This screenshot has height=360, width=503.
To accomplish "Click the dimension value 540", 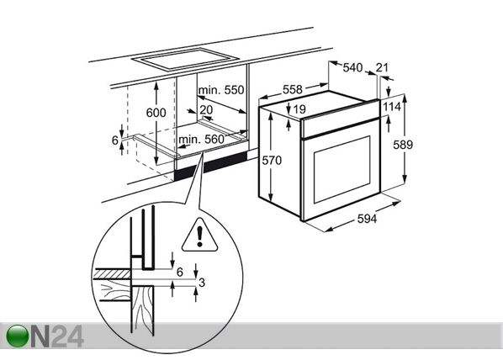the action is click(x=352, y=67).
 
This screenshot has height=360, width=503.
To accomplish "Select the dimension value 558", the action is click(x=292, y=89).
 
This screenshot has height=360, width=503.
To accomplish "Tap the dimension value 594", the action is click(x=367, y=219).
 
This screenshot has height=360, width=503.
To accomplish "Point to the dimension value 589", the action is click(x=403, y=145).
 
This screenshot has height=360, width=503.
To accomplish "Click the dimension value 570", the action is click(x=272, y=160).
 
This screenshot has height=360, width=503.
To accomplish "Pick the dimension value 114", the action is click(x=392, y=107).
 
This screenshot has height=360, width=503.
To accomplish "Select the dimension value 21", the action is click(x=382, y=67).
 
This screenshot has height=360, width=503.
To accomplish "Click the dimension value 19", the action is click(x=299, y=109).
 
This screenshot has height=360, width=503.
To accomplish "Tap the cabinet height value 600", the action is click(x=156, y=113).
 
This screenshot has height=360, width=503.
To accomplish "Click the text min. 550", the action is click(x=221, y=90).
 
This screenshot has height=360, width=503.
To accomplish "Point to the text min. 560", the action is click(x=201, y=140).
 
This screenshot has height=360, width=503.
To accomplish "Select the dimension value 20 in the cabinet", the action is click(x=206, y=109).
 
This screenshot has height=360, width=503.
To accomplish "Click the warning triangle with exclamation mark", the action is click(x=200, y=236).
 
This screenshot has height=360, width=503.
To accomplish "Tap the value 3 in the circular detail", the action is click(x=202, y=283).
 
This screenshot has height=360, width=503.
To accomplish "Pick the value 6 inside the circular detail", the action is click(x=180, y=272).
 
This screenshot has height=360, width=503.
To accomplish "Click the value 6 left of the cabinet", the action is click(x=115, y=140).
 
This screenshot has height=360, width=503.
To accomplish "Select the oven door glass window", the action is click(x=342, y=169).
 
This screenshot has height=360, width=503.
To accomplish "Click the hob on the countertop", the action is click(x=185, y=59).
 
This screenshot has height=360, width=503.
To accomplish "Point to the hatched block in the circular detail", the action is click(x=112, y=273).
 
